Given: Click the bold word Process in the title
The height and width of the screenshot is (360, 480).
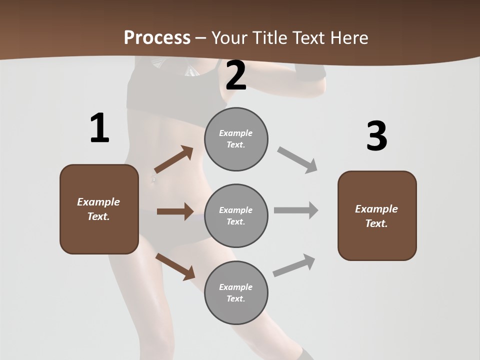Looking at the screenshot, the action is (157, 37).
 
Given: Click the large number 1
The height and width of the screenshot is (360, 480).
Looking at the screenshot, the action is (99, 128).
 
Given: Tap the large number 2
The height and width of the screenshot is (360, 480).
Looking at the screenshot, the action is (236, 75).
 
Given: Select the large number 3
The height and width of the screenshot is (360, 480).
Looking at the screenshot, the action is (376, 136).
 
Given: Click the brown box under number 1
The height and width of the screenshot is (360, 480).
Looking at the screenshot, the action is (99, 209).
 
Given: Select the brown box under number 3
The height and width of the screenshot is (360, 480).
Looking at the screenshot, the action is (377, 216).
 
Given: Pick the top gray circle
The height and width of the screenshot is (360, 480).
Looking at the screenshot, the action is (236, 139).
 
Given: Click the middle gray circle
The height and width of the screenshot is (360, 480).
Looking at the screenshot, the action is (236, 216).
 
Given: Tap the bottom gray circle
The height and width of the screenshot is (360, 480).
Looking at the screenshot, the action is (236, 293).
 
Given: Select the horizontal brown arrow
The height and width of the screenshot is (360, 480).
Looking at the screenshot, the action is (175, 211).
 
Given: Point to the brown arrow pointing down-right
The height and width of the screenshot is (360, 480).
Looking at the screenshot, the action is (175, 266).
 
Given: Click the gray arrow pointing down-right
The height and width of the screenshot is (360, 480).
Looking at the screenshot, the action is (297, 160).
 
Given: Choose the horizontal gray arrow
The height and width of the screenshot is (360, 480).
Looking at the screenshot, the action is (296, 210).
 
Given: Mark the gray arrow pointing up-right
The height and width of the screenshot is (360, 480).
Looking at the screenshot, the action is (294, 265).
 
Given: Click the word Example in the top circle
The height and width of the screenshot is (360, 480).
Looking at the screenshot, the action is (236, 133).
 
